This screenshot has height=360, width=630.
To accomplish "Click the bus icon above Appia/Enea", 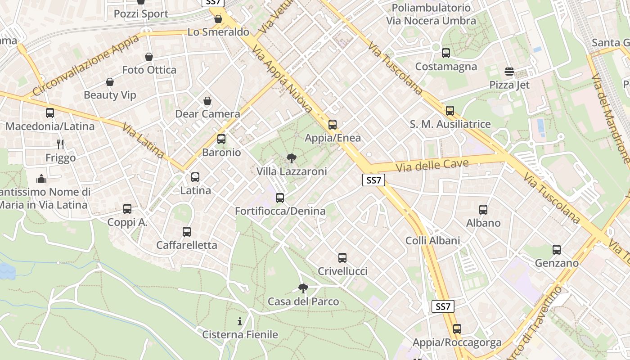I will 333,125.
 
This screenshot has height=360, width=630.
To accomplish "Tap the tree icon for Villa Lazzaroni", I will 292,158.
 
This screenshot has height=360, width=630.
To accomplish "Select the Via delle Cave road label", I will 432,165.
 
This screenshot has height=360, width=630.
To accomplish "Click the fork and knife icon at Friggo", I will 60,144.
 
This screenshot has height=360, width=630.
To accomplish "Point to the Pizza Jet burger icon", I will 509,72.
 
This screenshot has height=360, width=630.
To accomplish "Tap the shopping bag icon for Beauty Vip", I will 110,82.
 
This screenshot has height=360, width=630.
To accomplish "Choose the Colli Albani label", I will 433,241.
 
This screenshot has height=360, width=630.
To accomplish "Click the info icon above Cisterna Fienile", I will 240,321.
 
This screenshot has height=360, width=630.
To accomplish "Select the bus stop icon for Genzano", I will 557,250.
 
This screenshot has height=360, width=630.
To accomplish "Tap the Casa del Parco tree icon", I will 303,288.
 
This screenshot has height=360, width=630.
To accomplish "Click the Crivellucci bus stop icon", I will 342,258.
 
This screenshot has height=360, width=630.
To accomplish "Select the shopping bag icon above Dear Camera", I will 207,101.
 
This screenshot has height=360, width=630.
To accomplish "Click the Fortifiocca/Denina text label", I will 280,211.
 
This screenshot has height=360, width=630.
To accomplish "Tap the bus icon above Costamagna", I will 446,53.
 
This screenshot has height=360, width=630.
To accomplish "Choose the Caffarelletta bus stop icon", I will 187,232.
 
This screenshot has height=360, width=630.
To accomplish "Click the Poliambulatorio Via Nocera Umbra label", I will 431,14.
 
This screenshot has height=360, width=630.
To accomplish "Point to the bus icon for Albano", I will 483,210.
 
